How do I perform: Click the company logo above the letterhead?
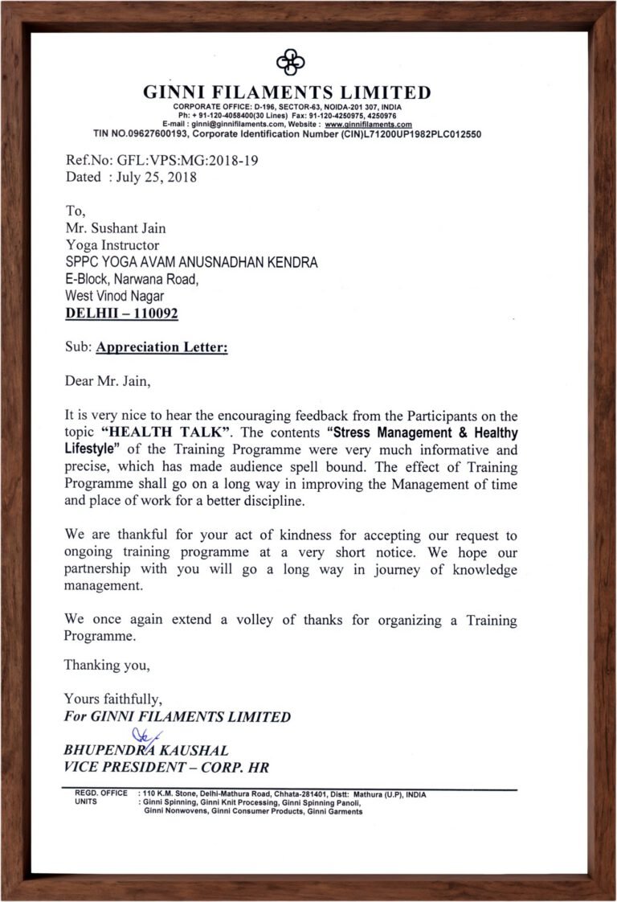coord(290,61)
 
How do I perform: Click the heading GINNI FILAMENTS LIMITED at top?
coord(287,92)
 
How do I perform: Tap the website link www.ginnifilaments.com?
coord(368,125)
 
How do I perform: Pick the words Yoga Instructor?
coord(112,245)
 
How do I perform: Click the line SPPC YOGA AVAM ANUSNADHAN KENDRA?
coord(191,262)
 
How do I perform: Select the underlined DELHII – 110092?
coord(121,314)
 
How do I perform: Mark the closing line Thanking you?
coord(107,665)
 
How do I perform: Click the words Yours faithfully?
coord(113,699)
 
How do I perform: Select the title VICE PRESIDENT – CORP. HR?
coord(166,768)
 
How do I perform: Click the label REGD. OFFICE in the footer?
coord(100,793)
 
